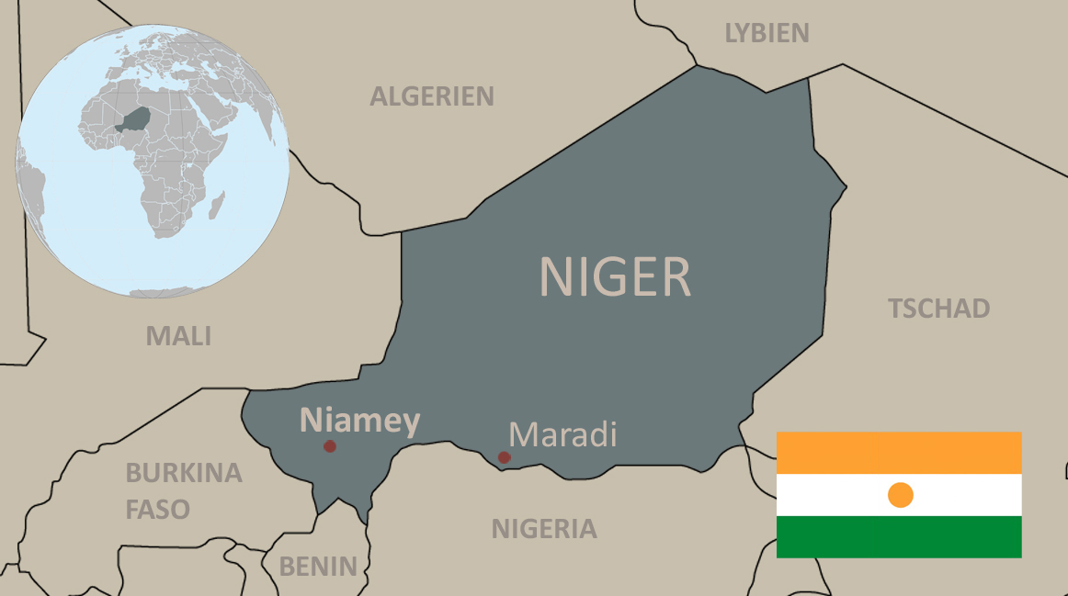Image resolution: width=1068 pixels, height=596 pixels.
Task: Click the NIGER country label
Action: pyautogui.click(x=614, y=277)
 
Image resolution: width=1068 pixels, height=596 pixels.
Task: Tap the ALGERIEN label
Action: pyautogui.click(x=432, y=96)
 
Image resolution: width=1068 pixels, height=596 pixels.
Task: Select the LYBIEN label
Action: pyautogui.click(x=767, y=34)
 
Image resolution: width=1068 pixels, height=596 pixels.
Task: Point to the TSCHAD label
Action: pyautogui.click(x=938, y=309)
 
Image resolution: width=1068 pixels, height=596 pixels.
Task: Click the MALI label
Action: pyautogui.click(x=178, y=336)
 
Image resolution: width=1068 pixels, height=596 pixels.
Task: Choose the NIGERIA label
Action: pyautogui.click(x=544, y=529)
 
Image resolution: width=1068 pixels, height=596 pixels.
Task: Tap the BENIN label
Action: pyautogui.click(x=318, y=567)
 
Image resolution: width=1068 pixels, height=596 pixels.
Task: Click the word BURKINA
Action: pyautogui.click(x=184, y=473)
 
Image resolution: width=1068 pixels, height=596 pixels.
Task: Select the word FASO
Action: pyautogui.click(x=158, y=509)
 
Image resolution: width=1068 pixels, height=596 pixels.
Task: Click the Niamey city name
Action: pyautogui.click(x=360, y=421)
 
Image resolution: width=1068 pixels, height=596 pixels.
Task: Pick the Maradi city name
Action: pyautogui.click(x=562, y=434)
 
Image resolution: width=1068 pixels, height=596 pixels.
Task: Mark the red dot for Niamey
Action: pyautogui.click(x=330, y=446)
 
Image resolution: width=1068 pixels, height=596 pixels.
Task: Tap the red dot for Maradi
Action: pyautogui.click(x=504, y=457)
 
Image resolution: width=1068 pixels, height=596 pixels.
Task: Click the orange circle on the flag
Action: pyautogui.click(x=901, y=495)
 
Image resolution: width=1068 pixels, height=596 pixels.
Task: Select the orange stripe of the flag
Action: pyautogui.click(x=899, y=453)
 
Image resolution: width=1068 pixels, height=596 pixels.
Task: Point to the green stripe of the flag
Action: pyautogui.click(x=899, y=537)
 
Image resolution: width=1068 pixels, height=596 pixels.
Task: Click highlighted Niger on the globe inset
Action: pyautogui.click(x=138, y=118)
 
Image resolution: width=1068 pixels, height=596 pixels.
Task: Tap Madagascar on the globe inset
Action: pyautogui.click(x=217, y=204)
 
